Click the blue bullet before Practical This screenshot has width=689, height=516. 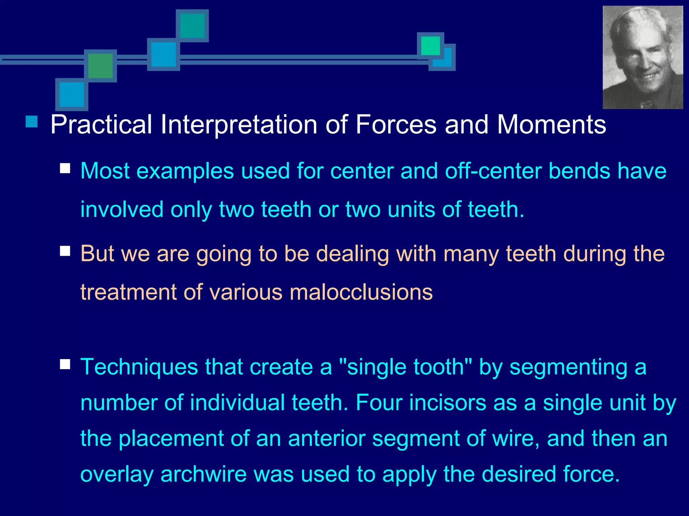[x=32, y=122]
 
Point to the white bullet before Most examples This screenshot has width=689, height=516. [x=65, y=168]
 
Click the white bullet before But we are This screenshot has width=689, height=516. [x=65, y=251]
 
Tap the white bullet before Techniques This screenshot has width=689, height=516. [x=65, y=364]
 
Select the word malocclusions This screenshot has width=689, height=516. [x=361, y=292]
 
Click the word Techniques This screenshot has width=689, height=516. [x=139, y=367]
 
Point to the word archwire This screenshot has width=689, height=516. [x=204, y=474]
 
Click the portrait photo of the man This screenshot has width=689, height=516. [x=643, y=57]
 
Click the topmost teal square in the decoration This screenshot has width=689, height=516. [x=192, y=26]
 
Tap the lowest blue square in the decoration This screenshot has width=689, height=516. [x=72, y=94]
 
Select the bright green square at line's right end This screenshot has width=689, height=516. [x=430, y=46]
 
